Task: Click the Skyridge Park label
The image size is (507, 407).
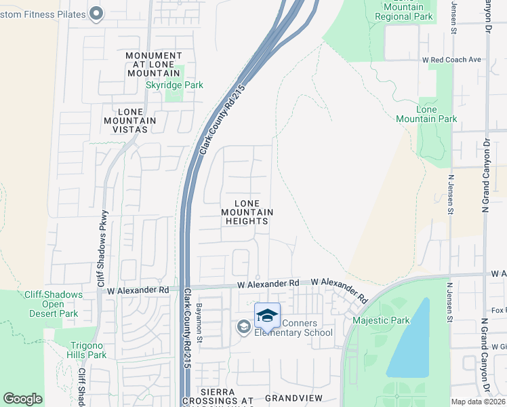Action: coord(175,85)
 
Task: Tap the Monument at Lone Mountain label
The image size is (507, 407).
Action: coord(154,64)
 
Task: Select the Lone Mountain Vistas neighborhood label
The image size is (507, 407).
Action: coord(137,121)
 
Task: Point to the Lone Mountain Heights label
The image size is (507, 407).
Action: coord(247,212)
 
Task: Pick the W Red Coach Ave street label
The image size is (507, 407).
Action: coord(451,60)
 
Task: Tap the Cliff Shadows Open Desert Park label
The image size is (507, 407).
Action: coord(53,304)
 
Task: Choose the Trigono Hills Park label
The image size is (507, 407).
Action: coord(87,350)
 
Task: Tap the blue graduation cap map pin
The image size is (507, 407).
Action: coord(267,315)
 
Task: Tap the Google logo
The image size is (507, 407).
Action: coord(23,399)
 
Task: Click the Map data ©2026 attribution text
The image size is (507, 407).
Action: coord(479,402)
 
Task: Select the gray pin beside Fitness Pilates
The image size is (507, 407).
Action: coord(96,13)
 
